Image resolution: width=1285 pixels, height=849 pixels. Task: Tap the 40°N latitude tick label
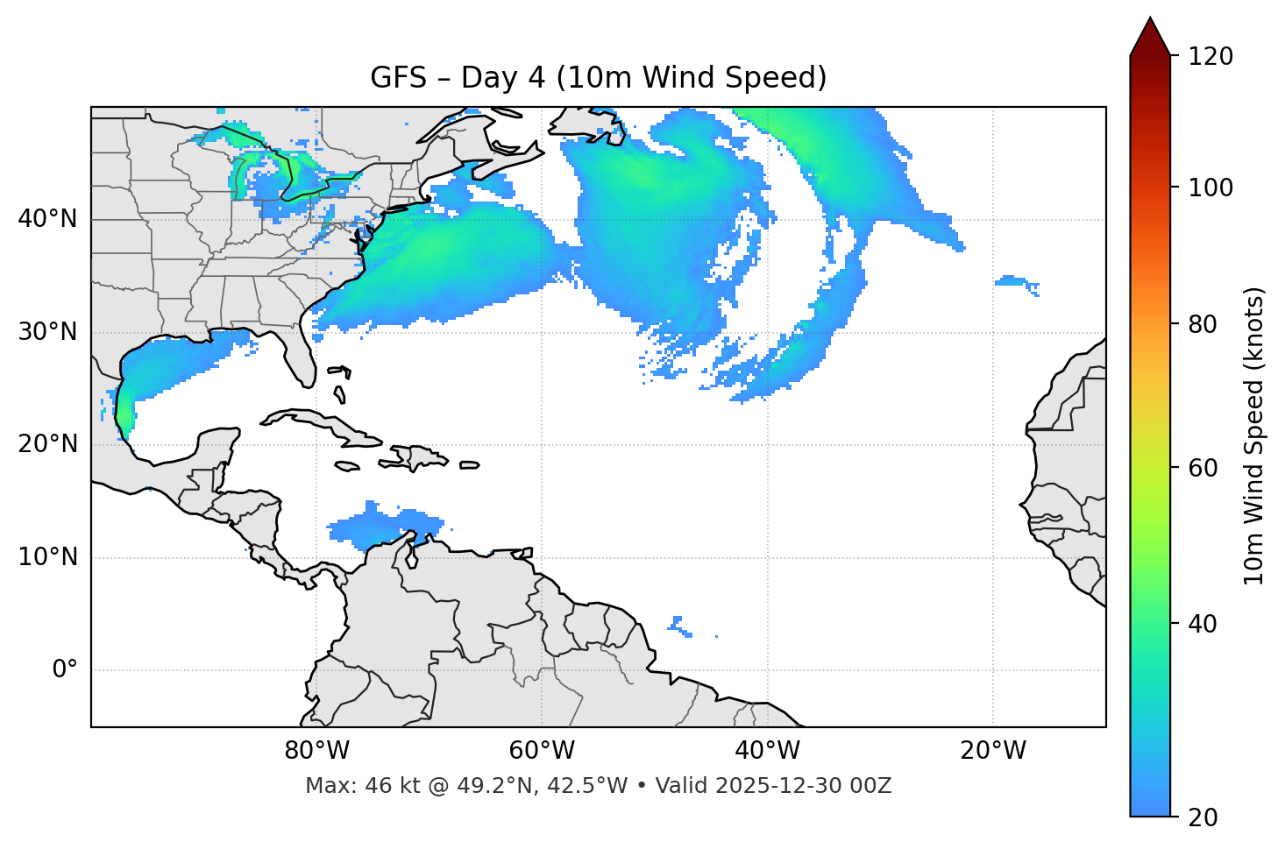click(x=47, y=219)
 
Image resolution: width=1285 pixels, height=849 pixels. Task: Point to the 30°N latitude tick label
click(x=47, y=332)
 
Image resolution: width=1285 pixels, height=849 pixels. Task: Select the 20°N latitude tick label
click(x=47, y=444)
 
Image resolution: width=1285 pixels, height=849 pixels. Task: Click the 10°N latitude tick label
click(x=47, y=557)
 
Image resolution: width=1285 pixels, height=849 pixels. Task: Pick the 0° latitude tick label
click(x=65, y=670)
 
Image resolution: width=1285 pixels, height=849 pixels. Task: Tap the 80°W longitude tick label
click(x=316, y=751)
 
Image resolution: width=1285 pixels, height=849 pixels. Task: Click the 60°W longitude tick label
click(x=542, y=751)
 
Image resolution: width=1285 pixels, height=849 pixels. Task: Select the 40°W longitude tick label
click(x=767, y=751)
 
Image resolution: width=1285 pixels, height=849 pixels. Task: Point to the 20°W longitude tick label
click(x=992, y=751)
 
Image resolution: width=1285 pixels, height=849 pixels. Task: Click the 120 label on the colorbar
click(x=1210, y=56)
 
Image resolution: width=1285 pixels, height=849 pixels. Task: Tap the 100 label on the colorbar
click(x=1210, y=187)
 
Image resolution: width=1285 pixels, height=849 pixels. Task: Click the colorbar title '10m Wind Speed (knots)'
click(x=1254, y=435)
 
